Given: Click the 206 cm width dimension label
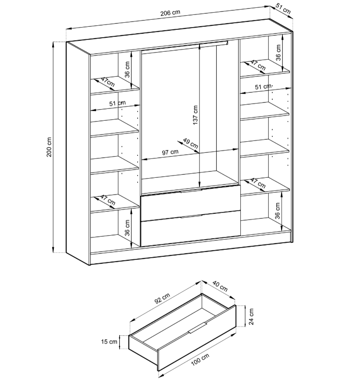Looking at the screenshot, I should pos(170,14).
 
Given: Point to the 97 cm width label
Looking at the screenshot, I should pos(170,152).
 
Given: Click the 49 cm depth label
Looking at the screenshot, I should pos(190,144).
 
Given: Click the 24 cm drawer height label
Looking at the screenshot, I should pos(252,316).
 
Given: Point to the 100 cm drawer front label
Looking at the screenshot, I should pos(201,361).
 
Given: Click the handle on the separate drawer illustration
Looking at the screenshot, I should pos(198,328).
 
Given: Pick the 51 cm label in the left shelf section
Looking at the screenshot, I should pos(117,104).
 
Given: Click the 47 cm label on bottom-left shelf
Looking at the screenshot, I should pos(107,201).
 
